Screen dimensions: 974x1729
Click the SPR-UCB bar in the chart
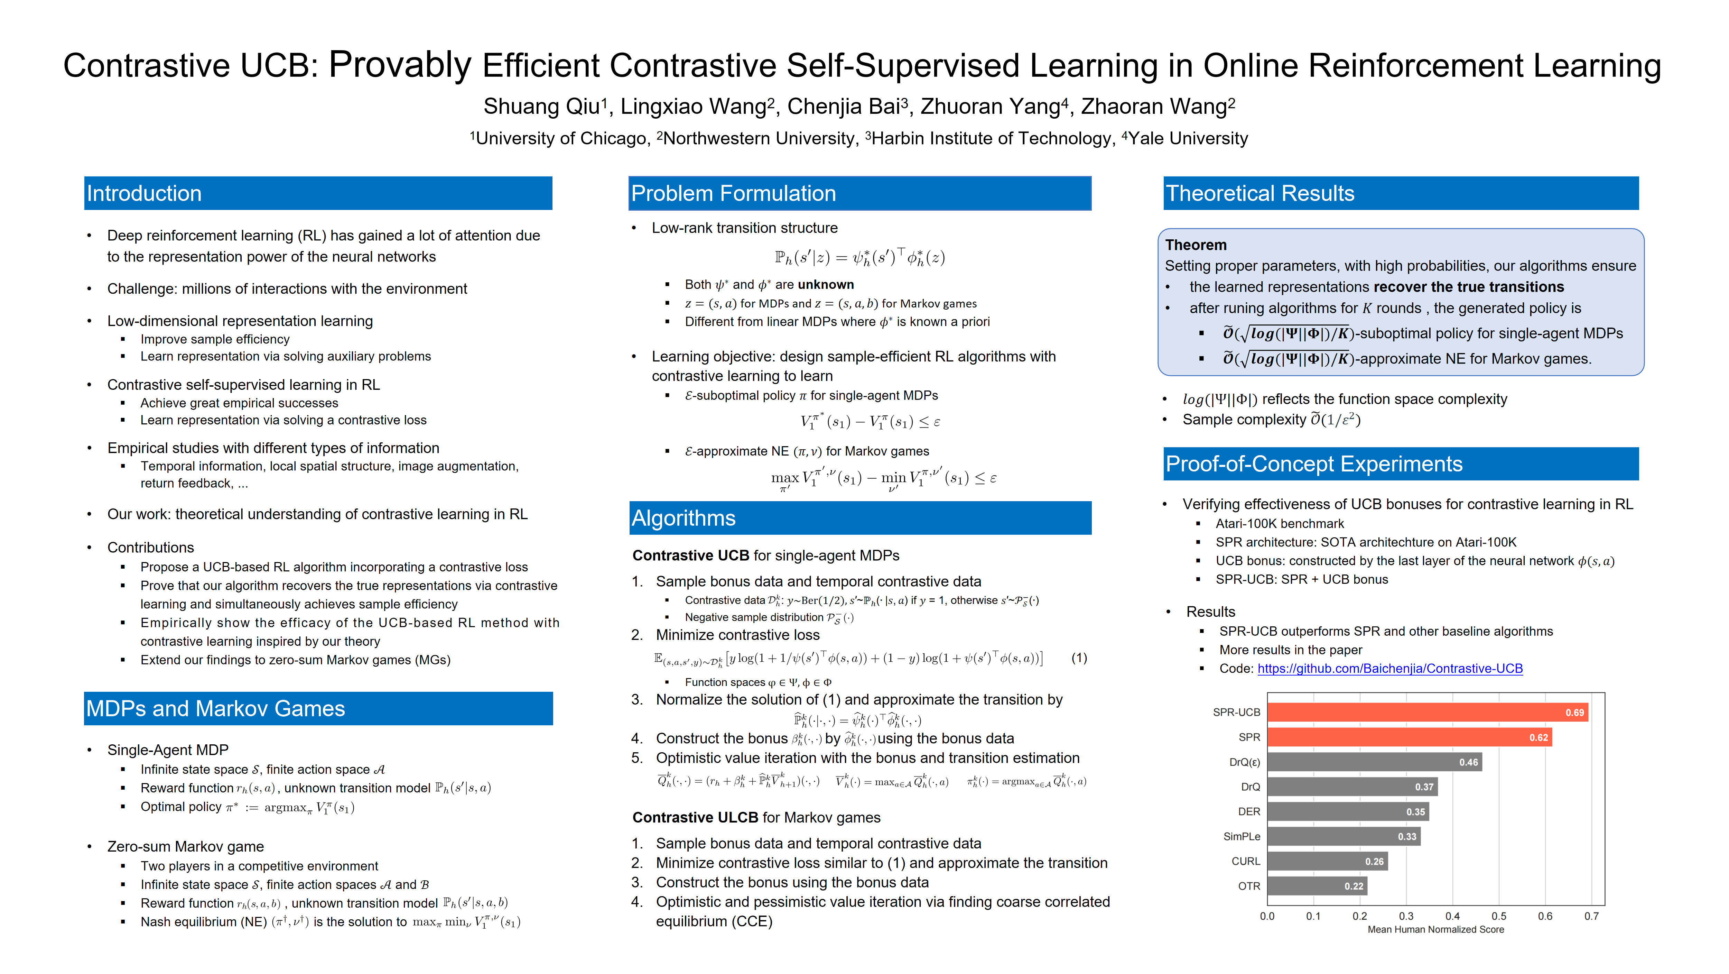point(1426,712)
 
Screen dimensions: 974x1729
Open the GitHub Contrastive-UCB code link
point(1389,669)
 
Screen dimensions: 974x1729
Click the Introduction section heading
point(144,193)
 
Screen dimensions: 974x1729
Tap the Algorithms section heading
point(683,518)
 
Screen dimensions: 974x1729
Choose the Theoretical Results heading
point(1260,193)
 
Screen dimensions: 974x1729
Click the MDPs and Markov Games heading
point(215,709)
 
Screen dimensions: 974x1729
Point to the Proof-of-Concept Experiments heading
point(1313,464)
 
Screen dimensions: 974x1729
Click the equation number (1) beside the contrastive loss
point(1079,658)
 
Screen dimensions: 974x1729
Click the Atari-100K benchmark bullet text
point(1279,524)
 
